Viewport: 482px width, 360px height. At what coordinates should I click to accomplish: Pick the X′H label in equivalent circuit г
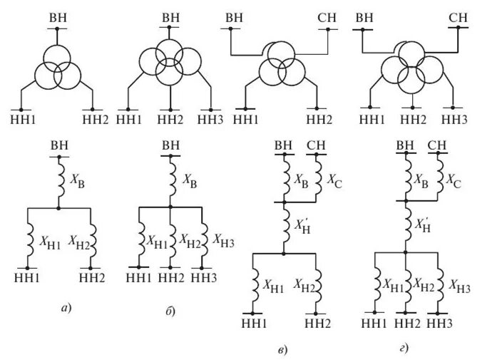(425, 225)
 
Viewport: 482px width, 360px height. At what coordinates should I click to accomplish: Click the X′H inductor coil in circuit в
(284, 226)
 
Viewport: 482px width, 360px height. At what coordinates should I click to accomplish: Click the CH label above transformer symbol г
(458, 16)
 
